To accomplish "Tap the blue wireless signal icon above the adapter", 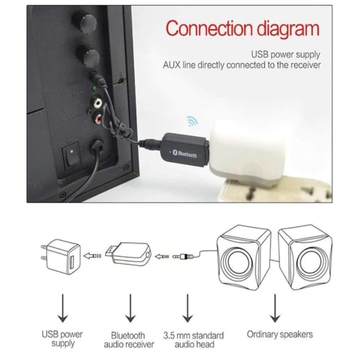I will pyautogui.click(x=192, y=120).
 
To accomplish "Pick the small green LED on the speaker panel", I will pyautogui.click(x=95, y=88).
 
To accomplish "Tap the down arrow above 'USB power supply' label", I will pyautogui.click(x=63, y=307).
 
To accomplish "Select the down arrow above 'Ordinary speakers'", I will pyautogui.click(x=275, y=307).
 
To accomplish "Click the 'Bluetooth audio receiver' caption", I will pyautogui.click(x=128, y=340).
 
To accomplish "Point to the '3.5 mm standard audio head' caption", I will pyautogui.click(x=193, y=340).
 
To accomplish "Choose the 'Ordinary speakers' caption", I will pyautogui.click(x=280, y=334).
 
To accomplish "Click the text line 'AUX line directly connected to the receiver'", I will pyautogui.click(x=241, y=65).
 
